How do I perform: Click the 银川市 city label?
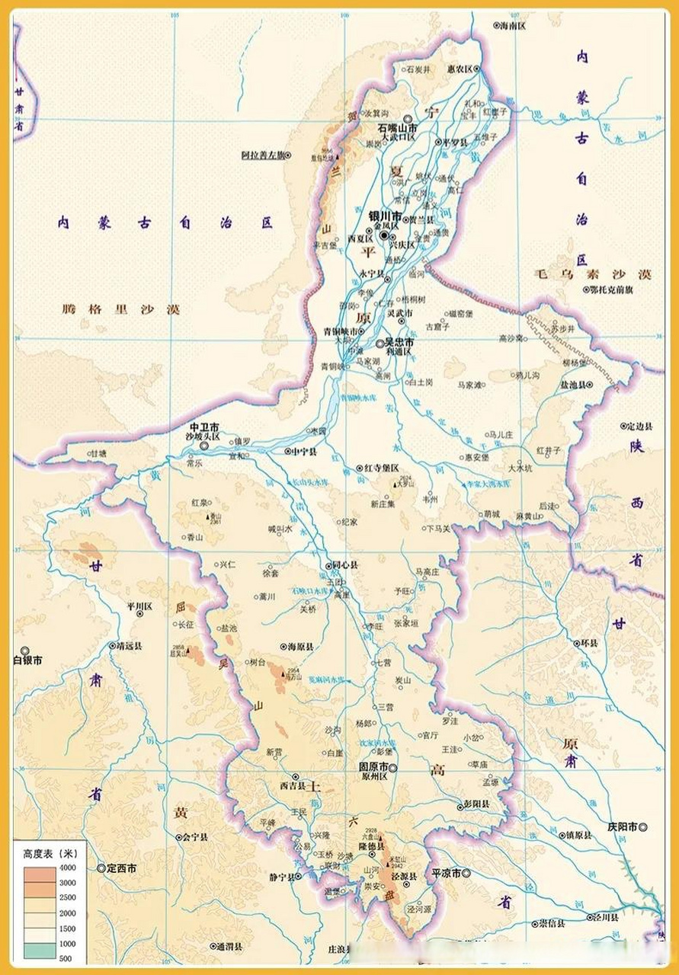click(385, 216)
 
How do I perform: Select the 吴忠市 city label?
click(399, 343)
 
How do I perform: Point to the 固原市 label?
click(373, 767)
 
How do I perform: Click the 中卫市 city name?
click(204, 427)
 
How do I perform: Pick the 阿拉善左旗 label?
click(262, 155)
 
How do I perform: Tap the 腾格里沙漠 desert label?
click(121, 309)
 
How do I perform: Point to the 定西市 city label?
click(121, 868)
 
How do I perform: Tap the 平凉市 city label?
click(447, 874)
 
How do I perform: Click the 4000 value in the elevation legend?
click(66, 868)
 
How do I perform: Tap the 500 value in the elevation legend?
click(66, 958)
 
